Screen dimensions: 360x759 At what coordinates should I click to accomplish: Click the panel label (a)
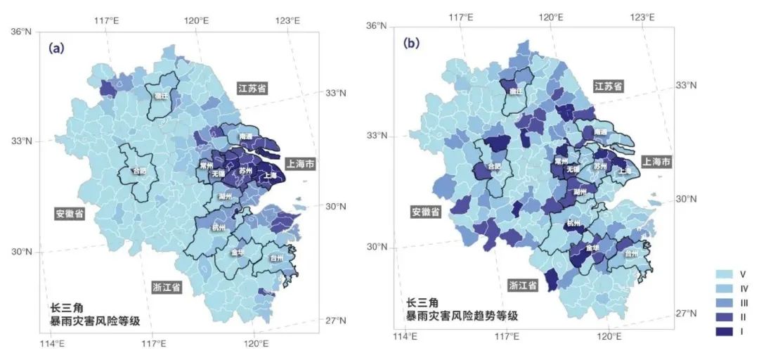[56, 49]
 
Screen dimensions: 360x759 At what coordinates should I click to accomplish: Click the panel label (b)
[411, 44]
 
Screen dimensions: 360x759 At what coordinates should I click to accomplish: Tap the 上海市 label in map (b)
[656, 162]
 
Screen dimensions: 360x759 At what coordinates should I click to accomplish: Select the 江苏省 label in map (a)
[252, 88]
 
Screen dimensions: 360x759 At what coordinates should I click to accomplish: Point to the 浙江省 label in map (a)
[167, 287]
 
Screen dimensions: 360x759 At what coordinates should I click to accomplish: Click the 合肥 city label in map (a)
[141, 171]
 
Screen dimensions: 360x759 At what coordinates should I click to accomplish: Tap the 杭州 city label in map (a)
[219, 228]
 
